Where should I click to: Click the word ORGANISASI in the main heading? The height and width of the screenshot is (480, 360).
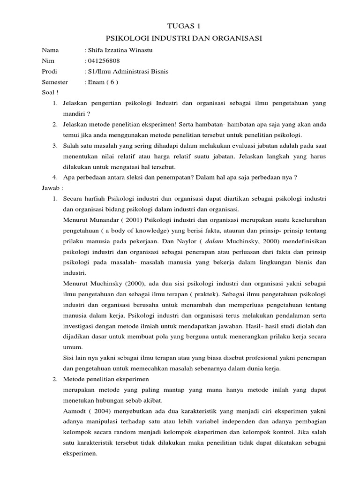click(232, 38)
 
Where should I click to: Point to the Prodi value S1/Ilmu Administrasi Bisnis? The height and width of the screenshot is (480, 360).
click(127, 72)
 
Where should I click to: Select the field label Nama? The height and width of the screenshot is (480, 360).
click(51, 50)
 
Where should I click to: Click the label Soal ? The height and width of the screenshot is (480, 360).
click(50, 93)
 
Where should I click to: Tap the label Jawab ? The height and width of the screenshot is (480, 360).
click(52, 188)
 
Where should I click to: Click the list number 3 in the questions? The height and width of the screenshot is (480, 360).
click(55, 146)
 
